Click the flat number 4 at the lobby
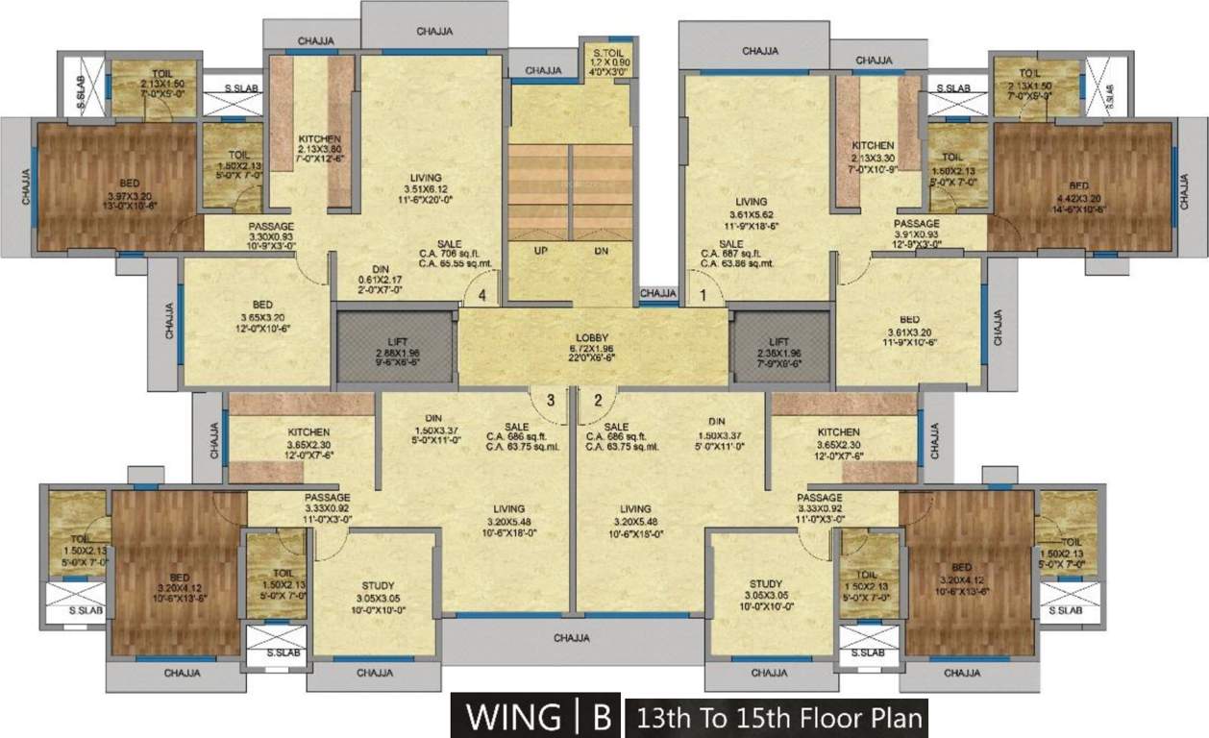coord(482,296)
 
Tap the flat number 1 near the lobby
coord(703,296)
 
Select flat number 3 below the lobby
coord(551,400)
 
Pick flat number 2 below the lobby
coord(597,400)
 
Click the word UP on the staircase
coord(540,251)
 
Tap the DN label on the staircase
coord(602,251)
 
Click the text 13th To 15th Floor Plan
coord(776,718)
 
